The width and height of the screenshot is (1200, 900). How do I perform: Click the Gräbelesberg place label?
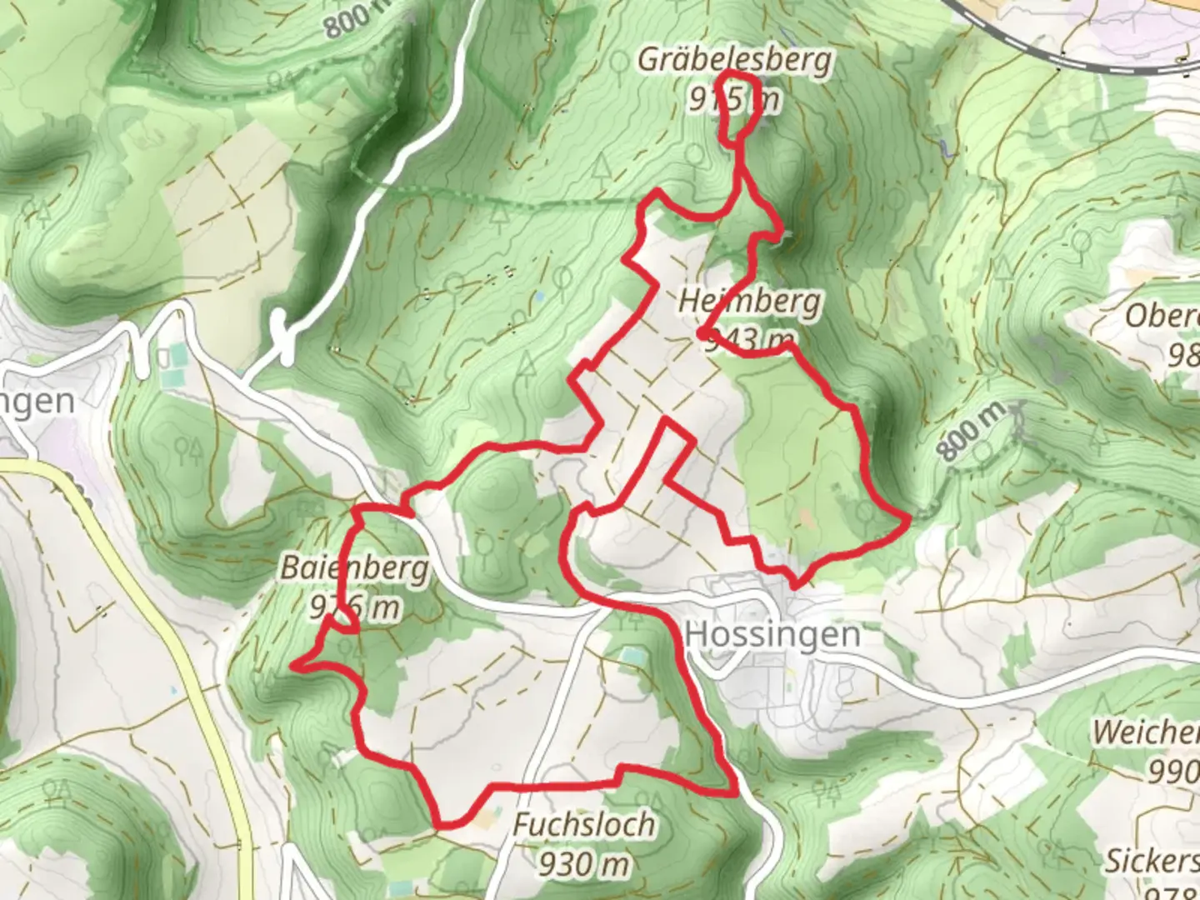click(x=734, y=60)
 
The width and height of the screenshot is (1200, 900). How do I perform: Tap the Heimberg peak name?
click(x=748, y=301)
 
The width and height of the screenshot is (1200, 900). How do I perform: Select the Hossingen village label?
click(x=772, y=634)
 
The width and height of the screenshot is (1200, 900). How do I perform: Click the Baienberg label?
click(x=354, y=568)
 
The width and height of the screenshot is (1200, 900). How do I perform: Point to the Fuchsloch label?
click(x=583, y=825)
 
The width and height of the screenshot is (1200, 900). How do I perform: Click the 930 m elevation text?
click(x=583, y=865)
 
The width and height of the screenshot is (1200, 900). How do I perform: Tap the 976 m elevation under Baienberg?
click(x=354, y=607)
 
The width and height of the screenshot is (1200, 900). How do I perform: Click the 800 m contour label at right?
click(x=972, y=430)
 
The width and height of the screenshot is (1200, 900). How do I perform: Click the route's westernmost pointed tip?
click(x=294, y=666)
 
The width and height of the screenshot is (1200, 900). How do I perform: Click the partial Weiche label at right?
click(x=1146, y=732)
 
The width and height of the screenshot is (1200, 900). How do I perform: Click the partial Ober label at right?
click(x=1162, y=316)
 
